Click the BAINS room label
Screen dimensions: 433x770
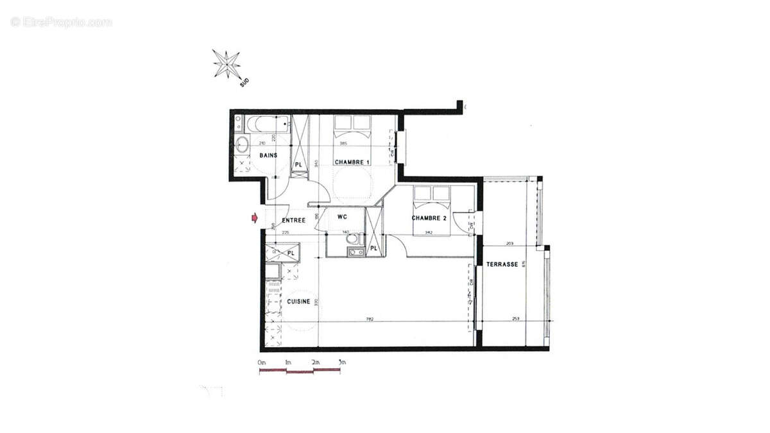pyautogui.click(x=268, y=156)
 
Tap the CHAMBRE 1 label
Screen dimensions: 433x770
pyautogui.click(x=352, y=162)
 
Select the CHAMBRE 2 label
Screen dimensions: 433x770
pyautogui.click(x=429, y=218)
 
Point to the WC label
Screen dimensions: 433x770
pyautogui.click(x=342, y=217)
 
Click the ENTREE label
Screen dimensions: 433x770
pyautogui.click(x=293, y=220)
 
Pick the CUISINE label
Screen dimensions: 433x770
pyautogui.click(x=298, y=301)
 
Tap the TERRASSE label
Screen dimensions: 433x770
pyautogui.click(x=502, y=264)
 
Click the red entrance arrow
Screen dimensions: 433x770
pyautogui.click(x=255, y=219)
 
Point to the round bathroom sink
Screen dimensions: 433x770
pyautogui.click(x=243, y=143)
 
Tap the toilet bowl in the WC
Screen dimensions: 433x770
pyautogui.click(x=353, y=240)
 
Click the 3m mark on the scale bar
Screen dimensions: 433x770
pyautogui.click(x=341, y=363)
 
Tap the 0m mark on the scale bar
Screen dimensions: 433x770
pyautogui.click(x=261, y=363)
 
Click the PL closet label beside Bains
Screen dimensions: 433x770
pyautogui.click(x=298, y=165)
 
